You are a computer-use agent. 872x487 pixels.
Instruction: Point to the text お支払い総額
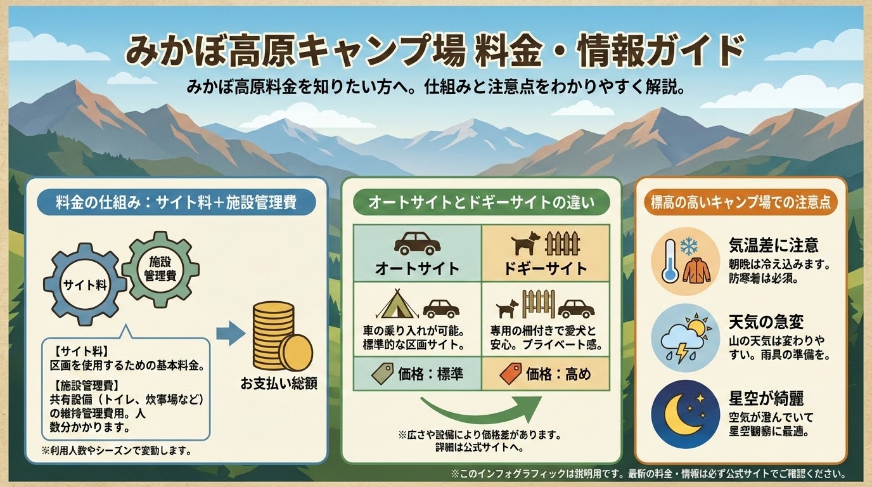pyautogui.click(x=278, y=384)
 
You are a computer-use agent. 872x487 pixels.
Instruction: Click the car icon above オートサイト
pyautogui.click(x=416, y=243)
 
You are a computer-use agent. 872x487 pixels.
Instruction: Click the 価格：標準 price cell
pyautogui.click(x=417, y=374)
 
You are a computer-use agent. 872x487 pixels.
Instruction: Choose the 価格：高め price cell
pyautogui.click(x=545, y=374)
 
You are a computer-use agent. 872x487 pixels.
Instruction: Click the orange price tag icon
pyautogui.click(x=510, y=374)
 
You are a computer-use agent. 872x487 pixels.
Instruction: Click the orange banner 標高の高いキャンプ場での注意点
pyautogui.click(x=741, y=203)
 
